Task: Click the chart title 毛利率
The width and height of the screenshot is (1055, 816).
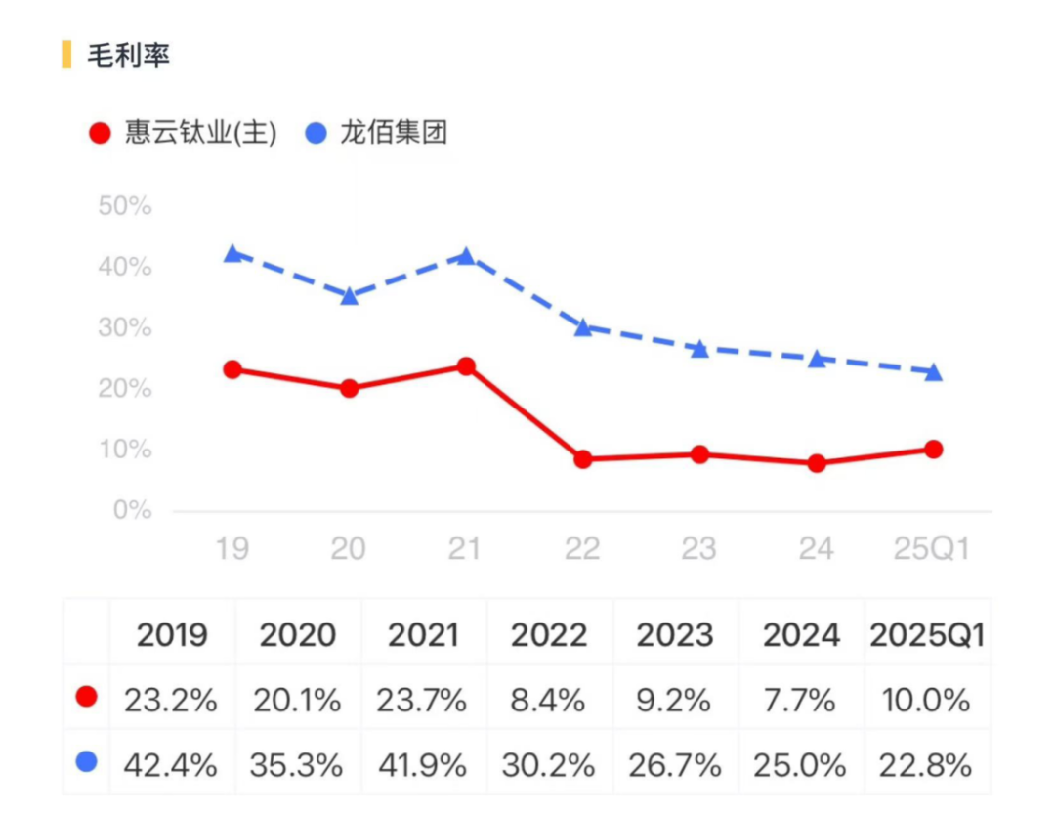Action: (x=128, y=56)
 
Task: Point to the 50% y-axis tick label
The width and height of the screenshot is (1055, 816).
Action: (x=125, y=206)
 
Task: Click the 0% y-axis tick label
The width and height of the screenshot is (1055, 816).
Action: (x=131, y=510)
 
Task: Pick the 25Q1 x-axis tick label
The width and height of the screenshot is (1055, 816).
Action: (x=932, y=549)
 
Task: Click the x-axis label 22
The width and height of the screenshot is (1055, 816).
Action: (x=582, y=549)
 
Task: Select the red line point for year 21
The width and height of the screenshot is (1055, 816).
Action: (x=466, y=366)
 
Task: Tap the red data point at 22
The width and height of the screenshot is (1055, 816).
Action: (x=583, y=458)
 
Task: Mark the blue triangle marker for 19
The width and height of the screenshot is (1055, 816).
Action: (x=232, y=254)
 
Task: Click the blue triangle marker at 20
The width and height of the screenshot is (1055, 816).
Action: (x=349, y=296)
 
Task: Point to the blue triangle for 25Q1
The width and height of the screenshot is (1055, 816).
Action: (x=933, y=372)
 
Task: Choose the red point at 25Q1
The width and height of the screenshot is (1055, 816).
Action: (x=933, y=450)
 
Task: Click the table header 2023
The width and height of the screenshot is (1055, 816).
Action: (x=676, y=635)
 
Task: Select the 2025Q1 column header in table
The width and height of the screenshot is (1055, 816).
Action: (x=926, y=635)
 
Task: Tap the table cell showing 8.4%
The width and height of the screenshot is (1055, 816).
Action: (x=549, y=700)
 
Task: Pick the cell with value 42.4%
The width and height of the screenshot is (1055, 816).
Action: (x=171, y=764)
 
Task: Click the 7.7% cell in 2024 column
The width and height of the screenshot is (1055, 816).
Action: (x=801, y=700)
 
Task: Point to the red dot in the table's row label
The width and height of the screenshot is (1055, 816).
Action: (x=87, y=698)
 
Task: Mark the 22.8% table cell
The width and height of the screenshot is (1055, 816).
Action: (x=926, y=764)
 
